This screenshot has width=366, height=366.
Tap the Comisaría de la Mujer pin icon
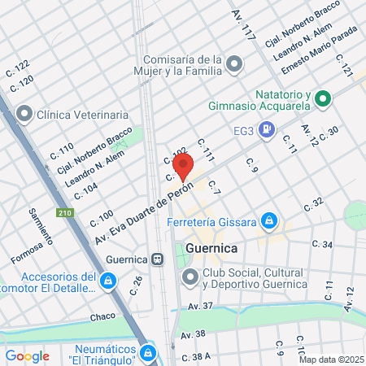(235, 63)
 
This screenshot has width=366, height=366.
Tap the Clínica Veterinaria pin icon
(24, 115)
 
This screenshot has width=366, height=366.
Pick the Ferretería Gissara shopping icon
(270, 221)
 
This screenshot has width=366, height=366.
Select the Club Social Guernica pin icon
(190, 278)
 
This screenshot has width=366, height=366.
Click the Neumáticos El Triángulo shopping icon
(148, 352)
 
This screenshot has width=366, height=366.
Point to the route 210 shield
(64, 214)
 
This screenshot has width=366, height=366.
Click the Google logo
(28, 355)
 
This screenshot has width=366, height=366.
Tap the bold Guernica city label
(210, 247)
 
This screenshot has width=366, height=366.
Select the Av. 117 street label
(244, 24)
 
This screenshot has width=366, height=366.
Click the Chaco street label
(103, 315)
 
